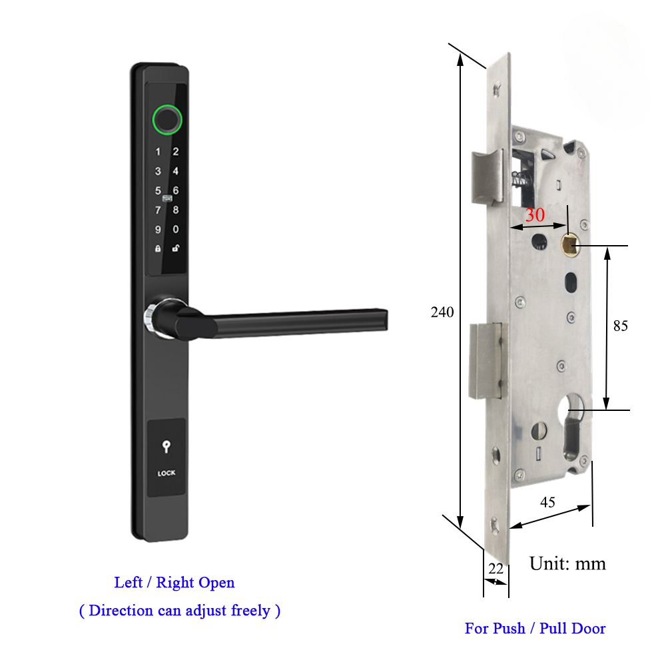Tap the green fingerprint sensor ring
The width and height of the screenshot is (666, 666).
coord(166,119)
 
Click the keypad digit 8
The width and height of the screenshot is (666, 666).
coord(176,210)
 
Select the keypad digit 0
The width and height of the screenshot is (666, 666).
coord(176,230)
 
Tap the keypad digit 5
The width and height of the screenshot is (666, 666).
coord(158,191)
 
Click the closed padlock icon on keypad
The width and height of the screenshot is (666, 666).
coord(158,249)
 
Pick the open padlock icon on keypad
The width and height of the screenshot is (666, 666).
coord(176,249)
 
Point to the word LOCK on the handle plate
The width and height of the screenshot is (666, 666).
coord(166,474)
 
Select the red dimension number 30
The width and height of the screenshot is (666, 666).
coord(535,216)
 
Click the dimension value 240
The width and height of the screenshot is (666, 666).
coord(442,312)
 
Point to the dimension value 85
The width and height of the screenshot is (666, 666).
coord(621,326)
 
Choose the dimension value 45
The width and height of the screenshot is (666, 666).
coord(547,502)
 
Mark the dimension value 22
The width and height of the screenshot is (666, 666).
coord(496,568)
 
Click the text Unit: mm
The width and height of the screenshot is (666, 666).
coord(567,563)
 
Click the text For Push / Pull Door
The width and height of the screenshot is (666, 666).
coord(535,628)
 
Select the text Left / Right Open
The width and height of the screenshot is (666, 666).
coord(174,583)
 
